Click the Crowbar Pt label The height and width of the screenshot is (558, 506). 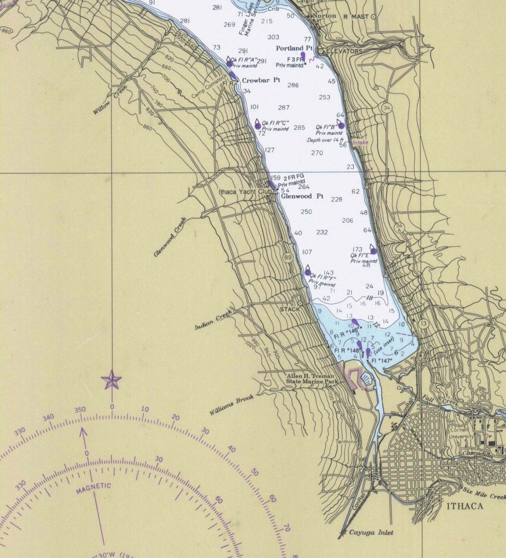tap(261, 80)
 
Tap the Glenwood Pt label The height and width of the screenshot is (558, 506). tap(302, 196)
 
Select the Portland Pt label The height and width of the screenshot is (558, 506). tap(294, 48)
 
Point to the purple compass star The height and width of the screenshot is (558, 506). tap(112, 380)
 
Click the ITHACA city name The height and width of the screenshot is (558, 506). tap(465, 506)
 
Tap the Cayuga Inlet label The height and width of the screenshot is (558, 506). tap(371, 532)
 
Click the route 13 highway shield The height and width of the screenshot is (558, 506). tap(423, 324)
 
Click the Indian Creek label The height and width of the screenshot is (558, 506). tap(213, 320)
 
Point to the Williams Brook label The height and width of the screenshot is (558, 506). tap(231, 405)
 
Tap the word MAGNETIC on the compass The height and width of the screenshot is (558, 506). tap(94, 488)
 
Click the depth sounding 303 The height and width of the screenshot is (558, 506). tap(273, 37)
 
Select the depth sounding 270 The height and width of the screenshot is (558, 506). tap(317, 153)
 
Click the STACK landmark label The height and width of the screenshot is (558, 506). tap(290, 309)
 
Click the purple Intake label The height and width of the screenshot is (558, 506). tap(360, 142)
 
